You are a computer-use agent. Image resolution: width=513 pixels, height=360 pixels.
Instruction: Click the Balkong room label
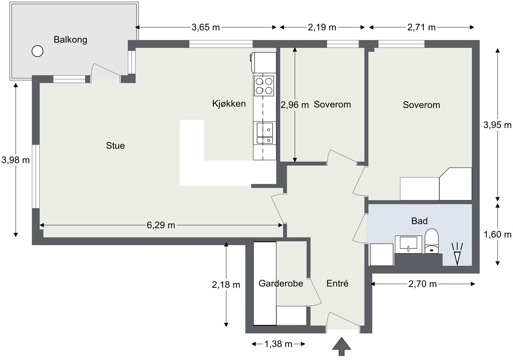point(71,40)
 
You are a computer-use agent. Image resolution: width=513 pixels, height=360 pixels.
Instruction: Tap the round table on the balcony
point(37,51)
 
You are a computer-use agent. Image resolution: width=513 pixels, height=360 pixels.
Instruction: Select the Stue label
point(115,146)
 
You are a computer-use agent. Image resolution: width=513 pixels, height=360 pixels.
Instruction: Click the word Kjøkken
point(229,104)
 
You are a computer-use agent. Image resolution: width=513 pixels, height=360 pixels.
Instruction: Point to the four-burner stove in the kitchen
point(264,86)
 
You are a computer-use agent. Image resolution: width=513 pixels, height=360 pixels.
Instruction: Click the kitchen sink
point(265,133)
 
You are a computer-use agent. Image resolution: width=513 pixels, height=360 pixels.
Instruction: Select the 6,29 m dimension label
point(161,225)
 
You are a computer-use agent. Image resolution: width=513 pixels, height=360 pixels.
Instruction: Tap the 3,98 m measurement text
point(16,160)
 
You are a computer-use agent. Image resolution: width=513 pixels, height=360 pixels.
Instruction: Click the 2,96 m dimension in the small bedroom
point(295,105)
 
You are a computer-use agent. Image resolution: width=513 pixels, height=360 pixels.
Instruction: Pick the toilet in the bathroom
point(432,241)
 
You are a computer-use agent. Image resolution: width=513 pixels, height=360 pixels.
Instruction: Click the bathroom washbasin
point(408,244)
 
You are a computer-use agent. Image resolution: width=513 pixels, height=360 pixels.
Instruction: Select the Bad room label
point(419,221)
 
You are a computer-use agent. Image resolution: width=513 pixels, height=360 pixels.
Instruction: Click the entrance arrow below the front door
point(341,346)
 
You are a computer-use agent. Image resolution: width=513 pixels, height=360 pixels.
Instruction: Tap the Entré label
point(337,283)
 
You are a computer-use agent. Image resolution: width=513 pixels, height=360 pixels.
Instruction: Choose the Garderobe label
point(281,283)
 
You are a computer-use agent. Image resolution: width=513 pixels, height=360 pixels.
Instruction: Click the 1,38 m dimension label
point(278,344)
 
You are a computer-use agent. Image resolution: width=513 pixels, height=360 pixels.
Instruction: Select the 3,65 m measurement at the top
point(206,27)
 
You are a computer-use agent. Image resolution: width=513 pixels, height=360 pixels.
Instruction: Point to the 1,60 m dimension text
point(497,235)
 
